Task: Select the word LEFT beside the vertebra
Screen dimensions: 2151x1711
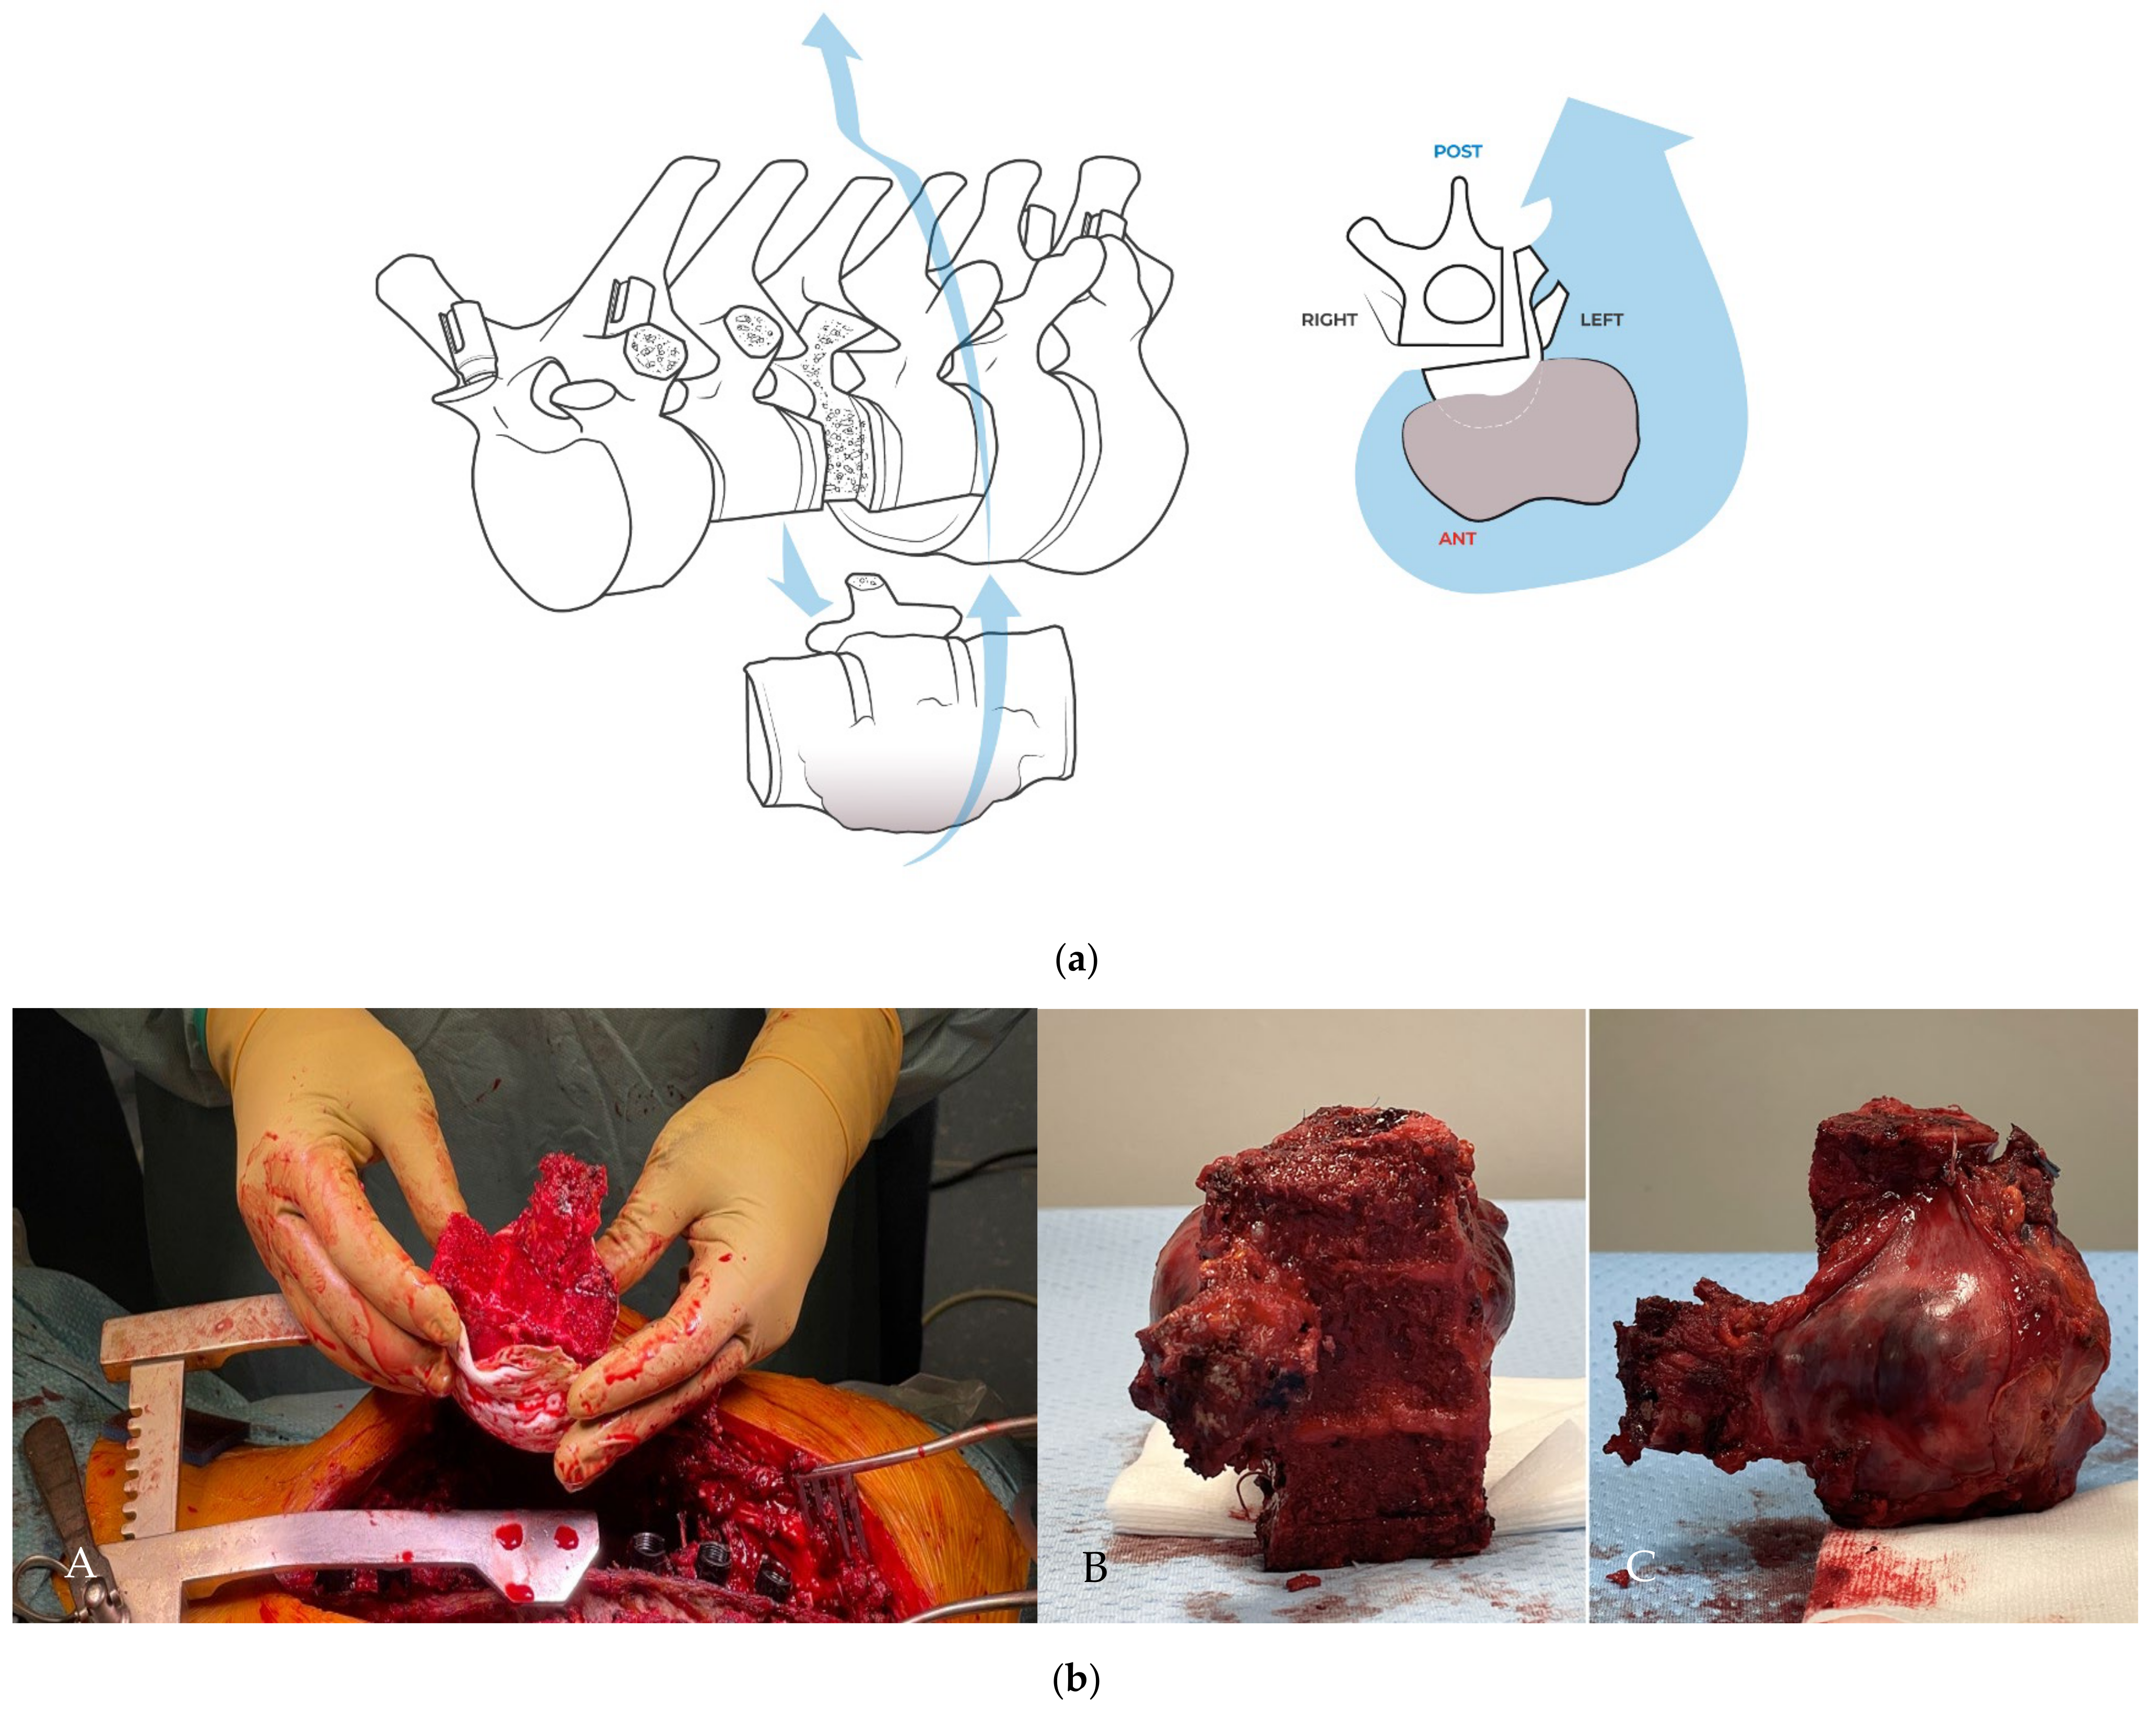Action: coord(1601,320)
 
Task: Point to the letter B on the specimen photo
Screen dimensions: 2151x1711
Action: coord(1094,1568)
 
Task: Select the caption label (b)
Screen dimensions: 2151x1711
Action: coord(1075,1680)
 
